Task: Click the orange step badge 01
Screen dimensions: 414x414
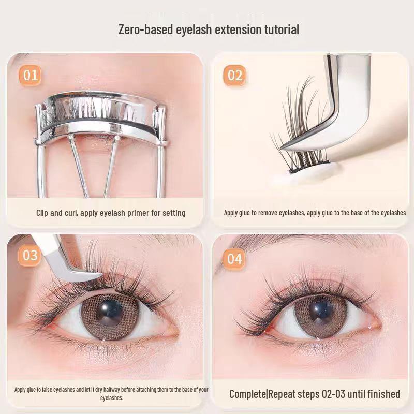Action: (31, 76)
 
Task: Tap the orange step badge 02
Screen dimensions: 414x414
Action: (235, 76)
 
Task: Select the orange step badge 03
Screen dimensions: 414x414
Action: (31, 256)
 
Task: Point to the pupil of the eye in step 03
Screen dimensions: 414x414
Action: (109, 313)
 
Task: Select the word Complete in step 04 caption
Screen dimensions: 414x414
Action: (247, 394)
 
